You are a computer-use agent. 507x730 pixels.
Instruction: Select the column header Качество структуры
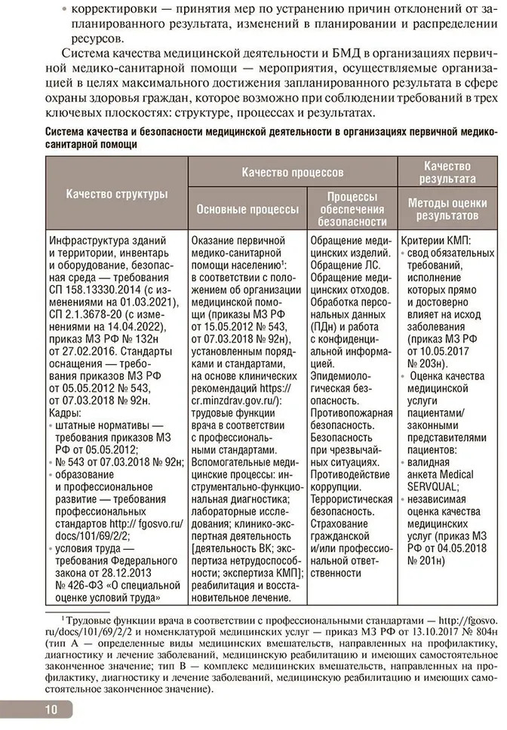pyautogui.click(x=117, y=194)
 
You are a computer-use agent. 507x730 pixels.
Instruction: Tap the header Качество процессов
pyautogui.click(x=293, y=173)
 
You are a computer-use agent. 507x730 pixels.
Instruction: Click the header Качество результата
pyautogui.click(x=447, y=172)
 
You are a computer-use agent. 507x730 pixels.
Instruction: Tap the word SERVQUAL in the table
pyautogui.click(x=438, y=488)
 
